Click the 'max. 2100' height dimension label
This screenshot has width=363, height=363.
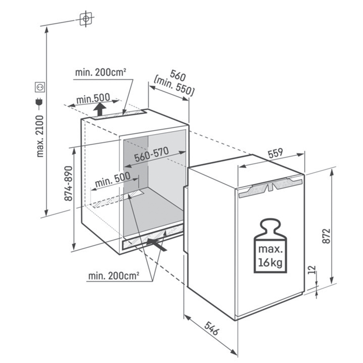(40, 136)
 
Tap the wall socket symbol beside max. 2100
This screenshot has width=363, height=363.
(40, 87)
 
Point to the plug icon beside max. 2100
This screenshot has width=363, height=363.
(39, 104)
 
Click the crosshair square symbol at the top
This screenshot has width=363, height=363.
(86, 19)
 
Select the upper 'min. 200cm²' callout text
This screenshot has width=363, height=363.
(101, 73)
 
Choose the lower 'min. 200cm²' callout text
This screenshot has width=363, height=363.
(114, 276)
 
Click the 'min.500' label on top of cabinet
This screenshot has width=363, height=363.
(93, 99)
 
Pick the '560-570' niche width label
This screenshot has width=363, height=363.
(152, 154)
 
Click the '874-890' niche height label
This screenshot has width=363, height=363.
(68, 184)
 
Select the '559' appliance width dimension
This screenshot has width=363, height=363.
(275, 153)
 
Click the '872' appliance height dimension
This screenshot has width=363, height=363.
(326, 236)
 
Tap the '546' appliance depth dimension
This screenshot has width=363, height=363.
(211, 328)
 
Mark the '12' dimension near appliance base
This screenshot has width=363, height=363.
(312, 270)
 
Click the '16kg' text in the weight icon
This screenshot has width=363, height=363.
(270, 263)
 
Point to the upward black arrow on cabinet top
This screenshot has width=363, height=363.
(100, 109)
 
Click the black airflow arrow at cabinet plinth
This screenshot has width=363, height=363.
(157, 244)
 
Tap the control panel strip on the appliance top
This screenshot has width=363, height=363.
(271, 187)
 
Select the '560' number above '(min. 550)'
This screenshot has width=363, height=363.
(178, 76)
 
